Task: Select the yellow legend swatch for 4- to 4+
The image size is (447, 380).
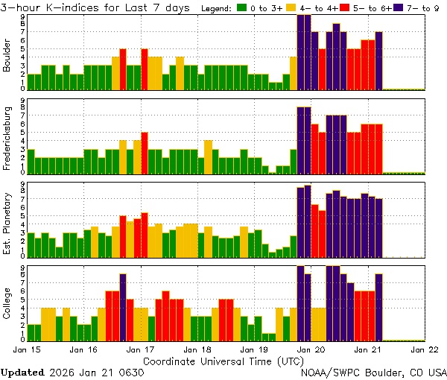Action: click(x=294, y=7)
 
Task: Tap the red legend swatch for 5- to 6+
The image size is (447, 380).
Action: click(x=346, y=7)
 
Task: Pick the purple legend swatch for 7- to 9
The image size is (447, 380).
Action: click(x=399, y=7)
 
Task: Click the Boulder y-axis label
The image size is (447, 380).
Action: click(x=7, y=54)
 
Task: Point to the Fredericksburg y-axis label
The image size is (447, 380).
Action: click(x=7, y=137)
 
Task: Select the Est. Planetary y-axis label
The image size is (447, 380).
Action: click(x=7, y=220)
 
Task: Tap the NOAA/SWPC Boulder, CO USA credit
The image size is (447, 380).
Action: click(x=373, y=372)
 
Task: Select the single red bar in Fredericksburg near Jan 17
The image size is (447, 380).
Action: click(x=145, y=153)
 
